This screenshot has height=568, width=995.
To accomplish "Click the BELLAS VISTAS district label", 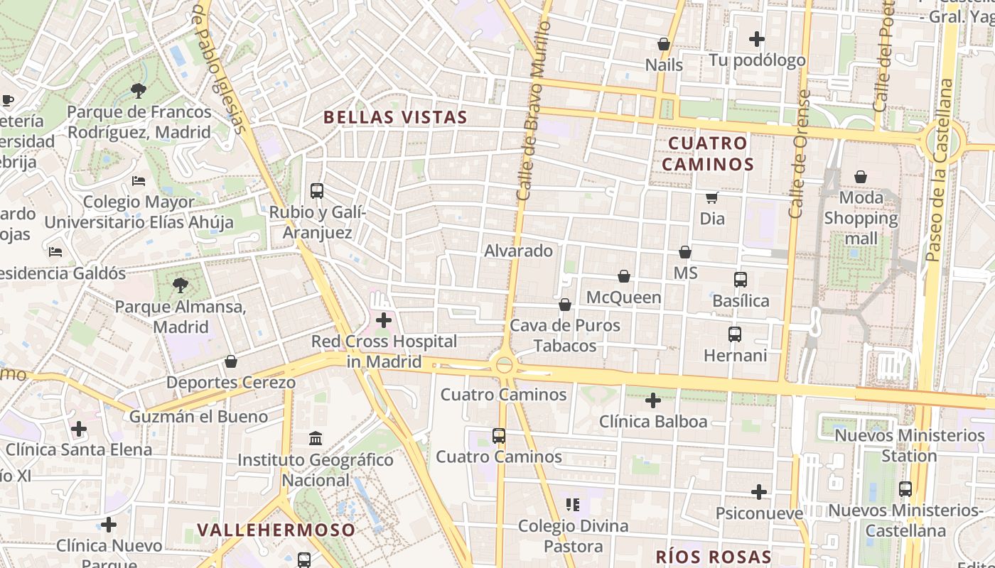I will pos(395,117).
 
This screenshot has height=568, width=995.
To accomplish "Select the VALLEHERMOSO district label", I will pos(276,530).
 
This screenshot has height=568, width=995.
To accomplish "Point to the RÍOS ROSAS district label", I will pos(713,557).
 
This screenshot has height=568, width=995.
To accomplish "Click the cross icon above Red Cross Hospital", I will pos(384,320).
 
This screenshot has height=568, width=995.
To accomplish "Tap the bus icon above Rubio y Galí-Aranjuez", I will pos(317,191).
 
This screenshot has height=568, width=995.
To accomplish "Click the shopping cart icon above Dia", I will pos(712,197).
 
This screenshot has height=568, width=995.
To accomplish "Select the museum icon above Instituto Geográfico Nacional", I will pos(316,439).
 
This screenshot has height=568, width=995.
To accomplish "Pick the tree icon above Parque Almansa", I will pos(181,285).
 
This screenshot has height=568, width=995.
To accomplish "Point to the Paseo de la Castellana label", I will pos(939,170).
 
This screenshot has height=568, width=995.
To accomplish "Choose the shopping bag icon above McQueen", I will pos(624,276).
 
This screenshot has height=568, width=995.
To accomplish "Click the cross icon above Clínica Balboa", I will pos(653,400).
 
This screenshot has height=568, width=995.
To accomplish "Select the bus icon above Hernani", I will pos(735,334).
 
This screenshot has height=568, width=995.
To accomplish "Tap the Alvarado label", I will pos(518,251).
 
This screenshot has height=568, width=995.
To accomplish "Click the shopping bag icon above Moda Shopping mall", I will pos(861,176).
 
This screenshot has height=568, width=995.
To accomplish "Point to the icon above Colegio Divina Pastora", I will pos(573,505).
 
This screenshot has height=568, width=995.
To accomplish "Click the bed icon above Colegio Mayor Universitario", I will pos(139,181).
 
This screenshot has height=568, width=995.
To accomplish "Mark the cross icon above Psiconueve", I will pos(759,491).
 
